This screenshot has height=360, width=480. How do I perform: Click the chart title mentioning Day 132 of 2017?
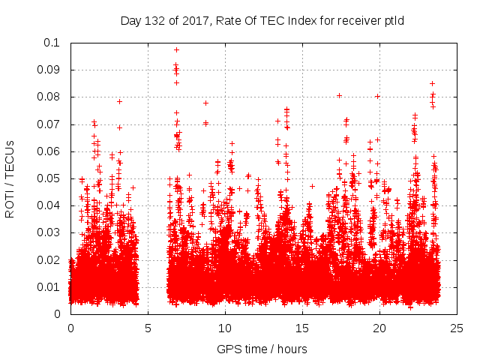[x=262, y=20]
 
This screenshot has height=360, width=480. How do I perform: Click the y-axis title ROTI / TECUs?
[x=10, y=178]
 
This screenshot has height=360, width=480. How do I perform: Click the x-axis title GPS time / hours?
[x=262, y=349]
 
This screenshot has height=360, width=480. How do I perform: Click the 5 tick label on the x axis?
[x=148, y=328]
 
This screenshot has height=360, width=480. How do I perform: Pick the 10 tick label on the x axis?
[x=225, y=328]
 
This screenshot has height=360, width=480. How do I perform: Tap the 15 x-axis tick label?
[x=302, y=328]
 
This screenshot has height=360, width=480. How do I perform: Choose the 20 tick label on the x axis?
[x=379, y=328]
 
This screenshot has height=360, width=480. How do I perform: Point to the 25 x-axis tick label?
[x=457, y=328]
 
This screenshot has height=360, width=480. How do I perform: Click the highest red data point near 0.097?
[x=176, y=49]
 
